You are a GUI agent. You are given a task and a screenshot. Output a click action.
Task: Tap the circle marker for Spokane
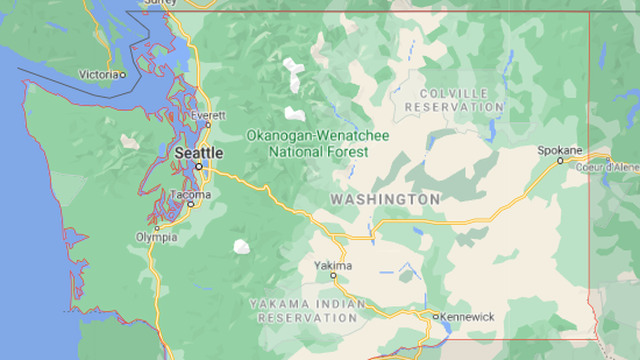point(560,161)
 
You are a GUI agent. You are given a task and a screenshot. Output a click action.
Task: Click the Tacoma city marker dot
point(191,204)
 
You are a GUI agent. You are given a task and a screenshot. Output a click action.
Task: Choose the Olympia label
point(156,238)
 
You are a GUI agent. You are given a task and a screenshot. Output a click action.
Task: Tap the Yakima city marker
point(333,275)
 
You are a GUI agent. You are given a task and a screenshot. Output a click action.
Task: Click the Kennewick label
point(467,317)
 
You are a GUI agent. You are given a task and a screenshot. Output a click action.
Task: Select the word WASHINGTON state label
point(385,199)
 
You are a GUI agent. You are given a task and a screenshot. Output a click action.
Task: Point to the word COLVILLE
point(454,93)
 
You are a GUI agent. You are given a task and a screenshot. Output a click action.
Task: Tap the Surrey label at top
point(161,2)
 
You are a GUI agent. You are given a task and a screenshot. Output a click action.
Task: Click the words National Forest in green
point(318,152)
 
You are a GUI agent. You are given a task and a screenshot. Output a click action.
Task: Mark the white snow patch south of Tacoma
point(241,246)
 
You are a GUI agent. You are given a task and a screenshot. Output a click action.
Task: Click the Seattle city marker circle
point(199,166)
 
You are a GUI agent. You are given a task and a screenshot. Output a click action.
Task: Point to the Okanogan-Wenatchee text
point(318,135)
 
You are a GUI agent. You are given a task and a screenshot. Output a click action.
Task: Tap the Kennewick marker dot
point(435,317)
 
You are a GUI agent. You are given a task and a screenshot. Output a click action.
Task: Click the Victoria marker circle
point(122,74)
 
